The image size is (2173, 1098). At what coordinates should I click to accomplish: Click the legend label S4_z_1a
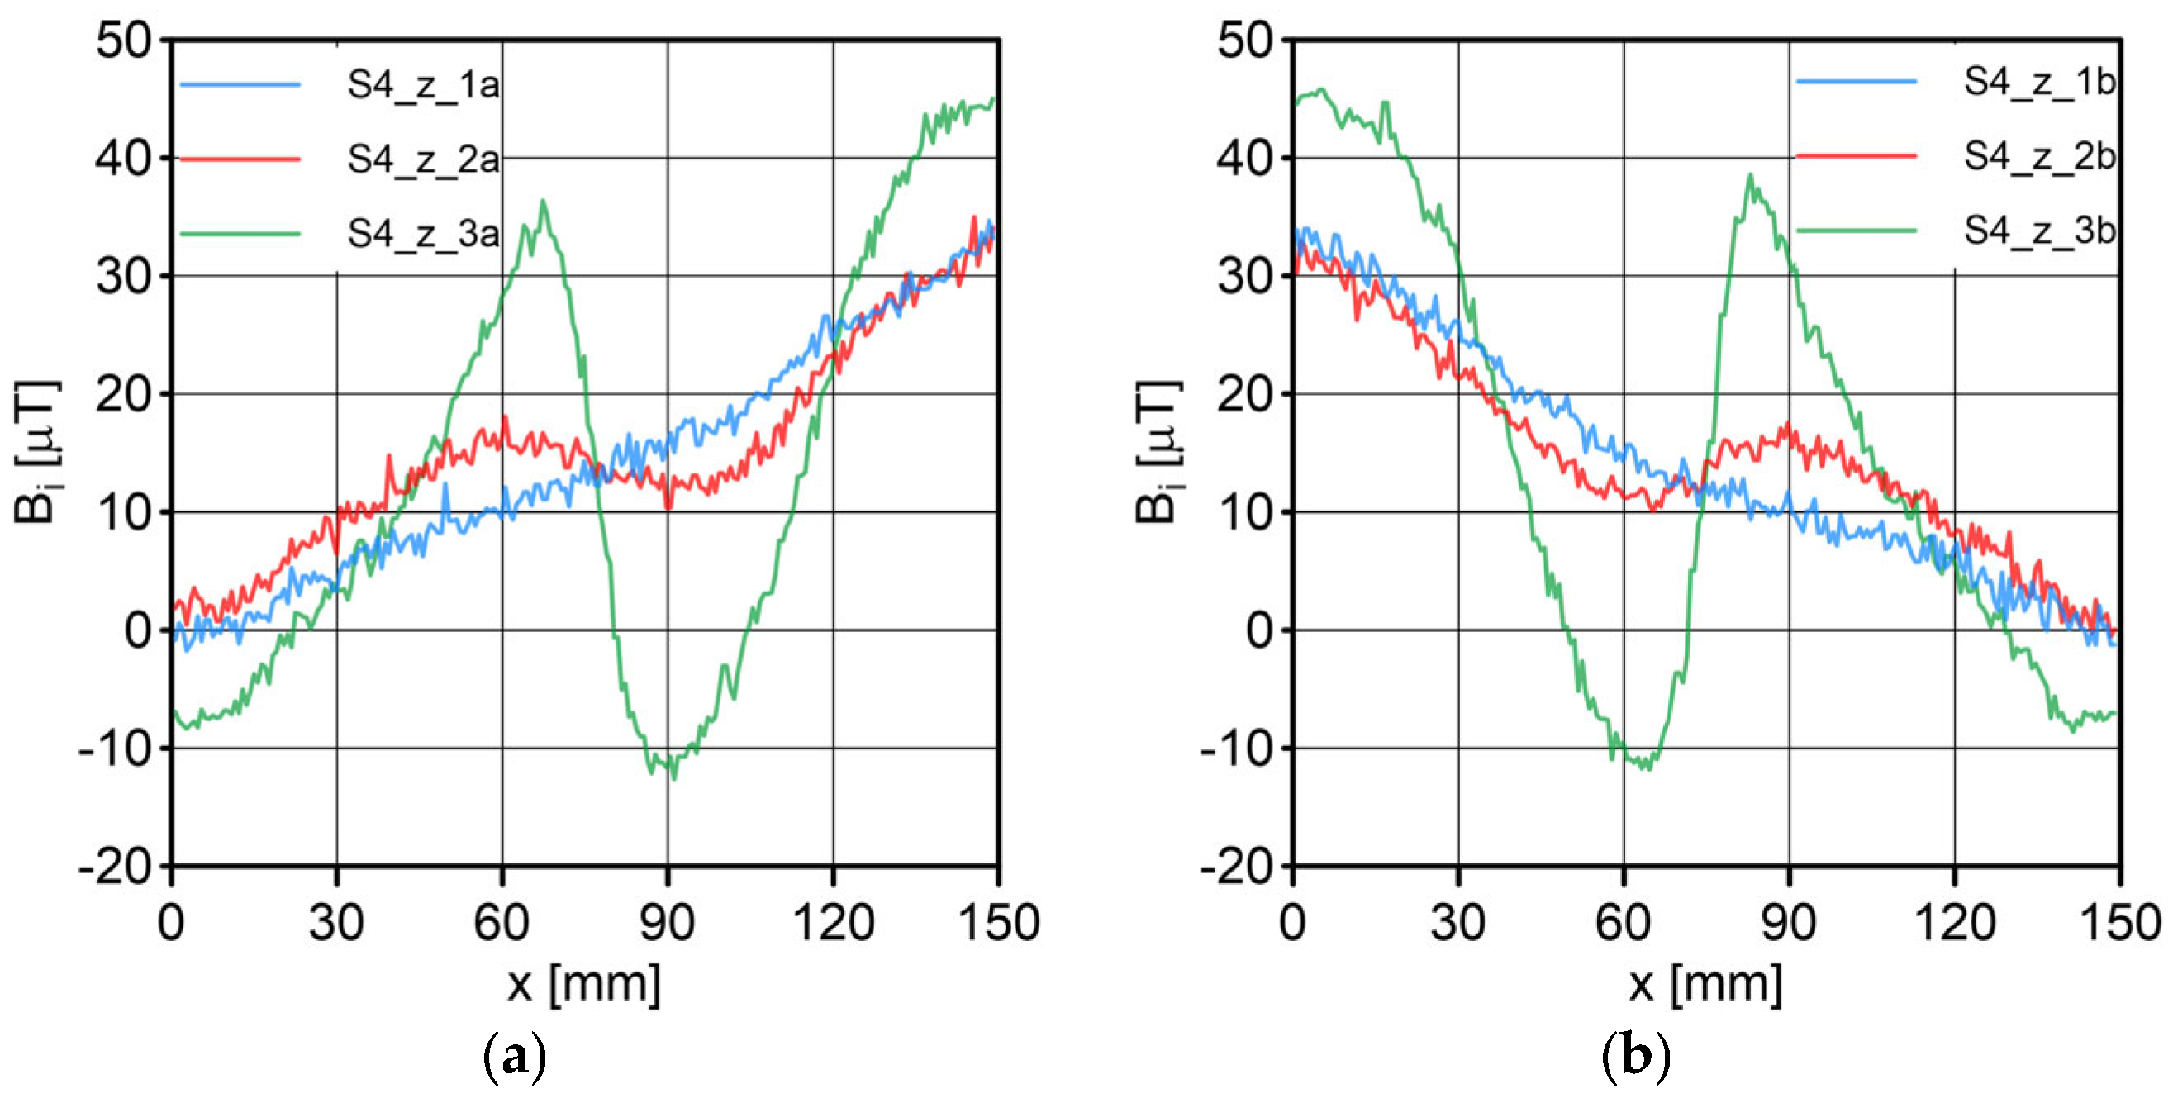pos(423,85)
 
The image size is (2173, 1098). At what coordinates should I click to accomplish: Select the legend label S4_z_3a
pos(423,234)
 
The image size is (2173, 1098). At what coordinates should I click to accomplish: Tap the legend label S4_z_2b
pos(2039,156)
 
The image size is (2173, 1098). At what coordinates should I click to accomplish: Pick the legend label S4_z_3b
pos(2039,231)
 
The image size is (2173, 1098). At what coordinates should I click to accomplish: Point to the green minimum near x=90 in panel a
pos(673,777)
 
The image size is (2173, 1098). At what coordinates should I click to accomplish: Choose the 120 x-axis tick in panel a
pos(833,923)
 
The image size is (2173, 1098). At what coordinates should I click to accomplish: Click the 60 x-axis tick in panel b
pos(1623,923)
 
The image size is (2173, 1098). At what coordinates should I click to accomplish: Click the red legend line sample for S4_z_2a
pos(240,159)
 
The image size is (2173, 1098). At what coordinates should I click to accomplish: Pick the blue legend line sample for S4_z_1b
pos(1856,82)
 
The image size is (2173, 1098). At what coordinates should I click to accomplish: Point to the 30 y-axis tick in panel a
pos(123,277)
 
